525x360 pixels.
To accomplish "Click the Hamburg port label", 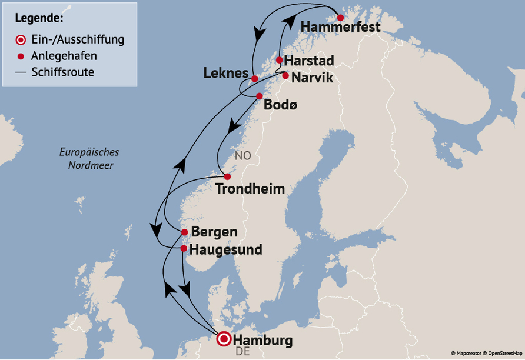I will (262, 340).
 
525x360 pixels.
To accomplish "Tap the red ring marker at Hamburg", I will (224, 339).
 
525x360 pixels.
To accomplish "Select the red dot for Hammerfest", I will (340, 18).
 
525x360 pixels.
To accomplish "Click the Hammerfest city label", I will (340, 27).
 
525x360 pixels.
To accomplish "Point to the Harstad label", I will (309, 61).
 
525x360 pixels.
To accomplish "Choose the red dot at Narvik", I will (285, 75).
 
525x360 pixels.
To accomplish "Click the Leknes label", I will (226, 74).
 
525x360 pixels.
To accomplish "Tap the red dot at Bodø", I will (259, 96).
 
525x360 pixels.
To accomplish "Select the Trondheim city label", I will (250, 189).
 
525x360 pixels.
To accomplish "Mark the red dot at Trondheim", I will (227, 176).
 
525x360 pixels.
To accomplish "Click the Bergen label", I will (214, 232).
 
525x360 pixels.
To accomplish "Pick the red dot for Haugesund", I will (184, 248).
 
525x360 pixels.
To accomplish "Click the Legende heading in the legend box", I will (39, 18).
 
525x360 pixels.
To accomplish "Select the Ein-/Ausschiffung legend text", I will (77, 40).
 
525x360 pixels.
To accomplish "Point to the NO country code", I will (243, 156).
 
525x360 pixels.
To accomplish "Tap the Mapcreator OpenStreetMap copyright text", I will (487, 353).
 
